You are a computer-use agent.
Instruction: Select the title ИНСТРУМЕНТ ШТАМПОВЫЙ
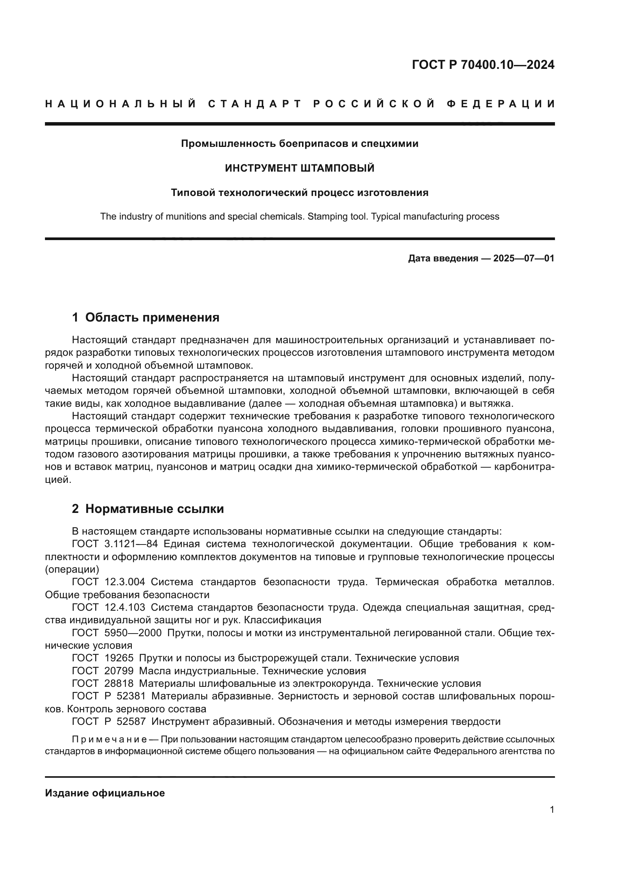299,168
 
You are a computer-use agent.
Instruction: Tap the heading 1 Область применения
146,317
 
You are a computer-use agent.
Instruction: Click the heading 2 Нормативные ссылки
148,509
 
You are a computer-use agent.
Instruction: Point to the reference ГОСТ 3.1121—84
115,544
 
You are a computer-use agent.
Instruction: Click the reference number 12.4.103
125,607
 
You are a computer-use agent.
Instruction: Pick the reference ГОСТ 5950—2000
117,633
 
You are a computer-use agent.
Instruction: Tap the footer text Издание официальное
105,793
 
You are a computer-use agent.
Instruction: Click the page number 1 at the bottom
552,810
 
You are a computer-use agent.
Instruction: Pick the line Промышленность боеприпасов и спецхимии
299,144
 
